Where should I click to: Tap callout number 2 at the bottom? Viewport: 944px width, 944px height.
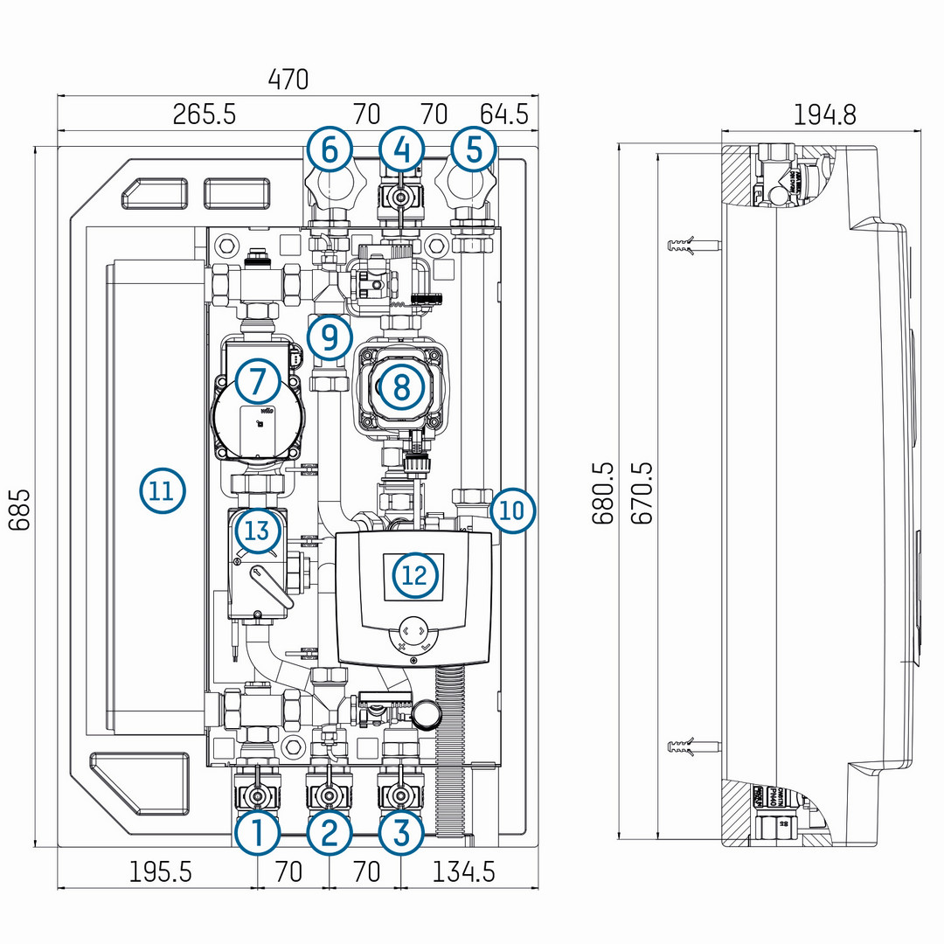click(329, 834)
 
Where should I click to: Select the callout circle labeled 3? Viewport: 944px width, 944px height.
click(401, 834)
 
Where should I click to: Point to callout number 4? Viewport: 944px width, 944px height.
click(401, 150)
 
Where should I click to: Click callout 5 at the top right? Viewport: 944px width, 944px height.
click(473, 150)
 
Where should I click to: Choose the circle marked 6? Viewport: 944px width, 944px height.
click(330, 150)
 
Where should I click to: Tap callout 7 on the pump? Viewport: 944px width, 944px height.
click(257, 381)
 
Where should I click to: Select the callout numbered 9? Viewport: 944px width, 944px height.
click(330, 337)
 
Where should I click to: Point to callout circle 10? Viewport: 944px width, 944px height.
click(512, 510)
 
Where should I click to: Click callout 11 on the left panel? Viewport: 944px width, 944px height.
click(163, 490)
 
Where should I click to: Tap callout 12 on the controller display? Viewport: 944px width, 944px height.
click(415, 575)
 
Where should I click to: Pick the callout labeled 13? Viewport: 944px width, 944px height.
click(257, 530)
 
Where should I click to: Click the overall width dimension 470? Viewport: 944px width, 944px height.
click(288, 80)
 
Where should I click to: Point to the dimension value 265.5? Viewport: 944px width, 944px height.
click(204, 115)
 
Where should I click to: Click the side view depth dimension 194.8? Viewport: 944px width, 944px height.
click(824, 115)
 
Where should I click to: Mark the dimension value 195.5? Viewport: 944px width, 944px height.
click(160, 871)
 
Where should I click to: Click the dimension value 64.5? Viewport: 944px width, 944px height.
click(504, 115)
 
